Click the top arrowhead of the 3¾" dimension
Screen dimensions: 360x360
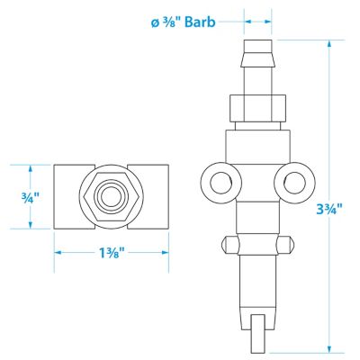tap(330, 45)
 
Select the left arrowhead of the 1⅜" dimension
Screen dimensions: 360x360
tap(58, 252)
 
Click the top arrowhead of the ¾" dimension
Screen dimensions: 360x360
tap(31, 168)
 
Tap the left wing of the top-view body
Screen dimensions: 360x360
tap(68, 194)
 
